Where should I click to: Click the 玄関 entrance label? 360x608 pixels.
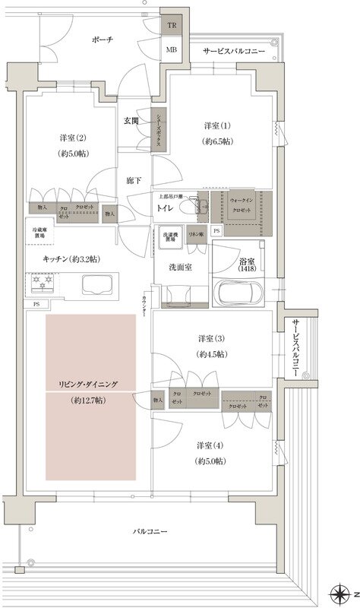coord(131,121)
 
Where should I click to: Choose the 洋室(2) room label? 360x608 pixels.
coord(73,146)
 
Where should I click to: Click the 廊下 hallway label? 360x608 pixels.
coord(134,181)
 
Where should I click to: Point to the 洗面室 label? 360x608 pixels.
coord(181,268)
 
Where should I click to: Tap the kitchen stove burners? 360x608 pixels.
coord(41,286)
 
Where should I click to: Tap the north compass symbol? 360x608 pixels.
coord(339,592)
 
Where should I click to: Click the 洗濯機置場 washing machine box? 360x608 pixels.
coord(169,236)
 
